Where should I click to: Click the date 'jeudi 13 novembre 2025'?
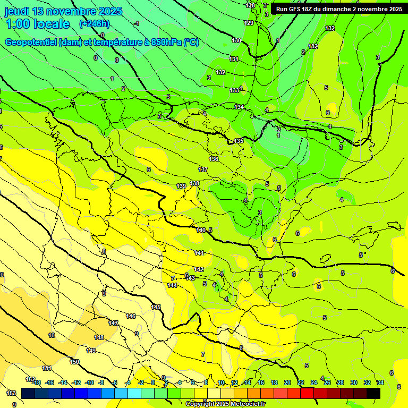click(63, 11)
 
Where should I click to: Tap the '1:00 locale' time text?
click(37, 24)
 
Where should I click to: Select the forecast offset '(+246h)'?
click(94, 24)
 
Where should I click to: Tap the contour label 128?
click(250, 5)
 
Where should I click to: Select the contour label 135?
click(239, 141)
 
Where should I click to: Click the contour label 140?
click(200, 230)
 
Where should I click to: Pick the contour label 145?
click(156, 307)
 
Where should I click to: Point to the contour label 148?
click(99, 337)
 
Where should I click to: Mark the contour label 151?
click(47, 368)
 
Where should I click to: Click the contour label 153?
click(11, 393)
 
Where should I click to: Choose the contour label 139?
click(181, 186)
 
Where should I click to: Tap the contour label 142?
click(199, 269)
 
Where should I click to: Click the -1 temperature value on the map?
click(137, 23)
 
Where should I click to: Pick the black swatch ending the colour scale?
click(373, 393)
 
